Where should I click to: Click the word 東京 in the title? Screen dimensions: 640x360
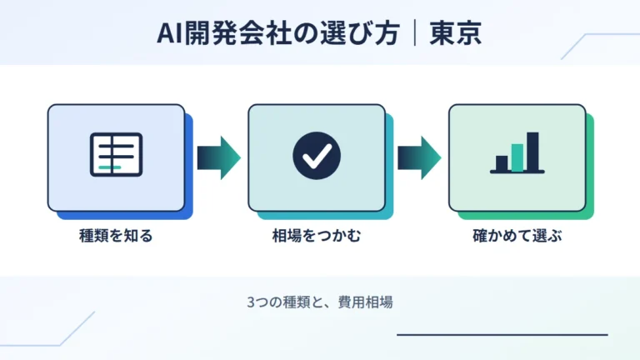tap(456, 33)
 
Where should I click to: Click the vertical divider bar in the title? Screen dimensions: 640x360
tap(415, 33)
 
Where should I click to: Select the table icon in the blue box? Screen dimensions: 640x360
tap(117, 155)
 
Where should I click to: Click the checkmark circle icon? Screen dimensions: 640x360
tap(317, 156)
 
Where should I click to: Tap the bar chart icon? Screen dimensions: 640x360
tap(517, 153)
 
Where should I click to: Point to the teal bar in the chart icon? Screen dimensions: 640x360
tap(517, 157)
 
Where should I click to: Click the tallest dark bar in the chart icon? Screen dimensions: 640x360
tap(532, 152)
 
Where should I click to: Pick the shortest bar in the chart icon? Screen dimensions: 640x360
tap(502, 163)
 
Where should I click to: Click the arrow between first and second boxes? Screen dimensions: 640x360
tap(219, 157)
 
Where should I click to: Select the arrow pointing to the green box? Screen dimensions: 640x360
tap(420, 157)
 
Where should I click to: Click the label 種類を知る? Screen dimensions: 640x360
tap(116, 236)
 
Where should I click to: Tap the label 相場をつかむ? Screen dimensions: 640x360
tap(317, 236)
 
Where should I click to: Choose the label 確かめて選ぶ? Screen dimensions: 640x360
tap(517, 236)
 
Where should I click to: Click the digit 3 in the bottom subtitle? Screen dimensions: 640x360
tap(251, 302)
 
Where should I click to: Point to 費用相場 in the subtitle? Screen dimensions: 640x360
tap(366, 302)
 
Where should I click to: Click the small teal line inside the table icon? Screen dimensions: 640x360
tap(110, 167)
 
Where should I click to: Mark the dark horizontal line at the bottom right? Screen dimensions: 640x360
tap(502, 335)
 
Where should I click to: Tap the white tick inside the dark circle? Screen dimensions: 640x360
tap(317, 157)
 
